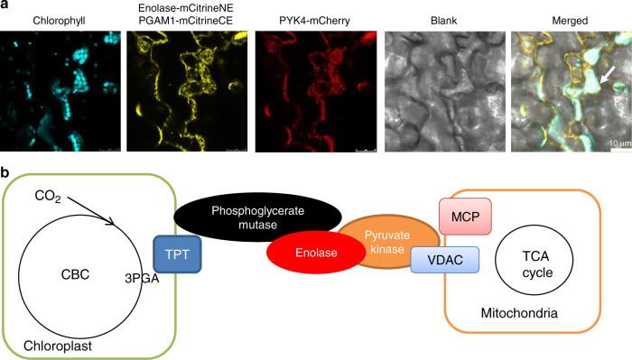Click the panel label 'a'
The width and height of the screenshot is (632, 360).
pos(5,6)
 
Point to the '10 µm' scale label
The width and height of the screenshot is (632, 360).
pos(615,143)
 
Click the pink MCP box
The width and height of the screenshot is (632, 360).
pos(462,219)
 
